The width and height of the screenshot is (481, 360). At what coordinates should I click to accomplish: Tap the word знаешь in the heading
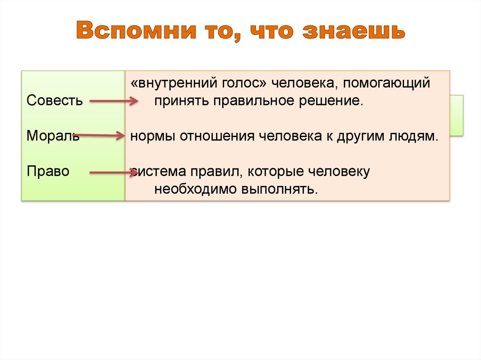click(x=353, y=31)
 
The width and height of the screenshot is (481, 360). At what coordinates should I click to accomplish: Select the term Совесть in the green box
click(x=54, y=101)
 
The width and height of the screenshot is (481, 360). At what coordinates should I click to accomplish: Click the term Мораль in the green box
click(x=53, y=136)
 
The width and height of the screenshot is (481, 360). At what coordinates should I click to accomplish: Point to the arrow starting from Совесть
click(x=113, y=101)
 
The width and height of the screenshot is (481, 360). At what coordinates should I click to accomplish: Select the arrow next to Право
click(x=113, y=173)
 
